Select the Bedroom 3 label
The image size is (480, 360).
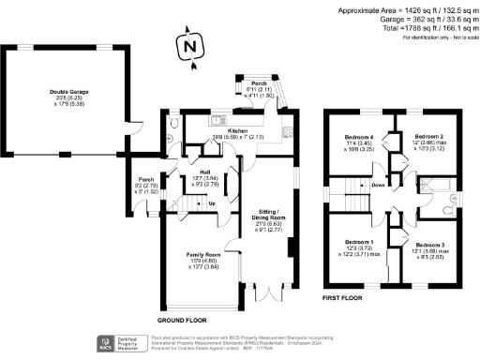pyautogui.click(x=436, y=245)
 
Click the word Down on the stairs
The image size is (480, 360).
pyautogui.click(x=378, y=186)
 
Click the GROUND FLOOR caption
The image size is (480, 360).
pyautogui.click(x=182, y=318)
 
